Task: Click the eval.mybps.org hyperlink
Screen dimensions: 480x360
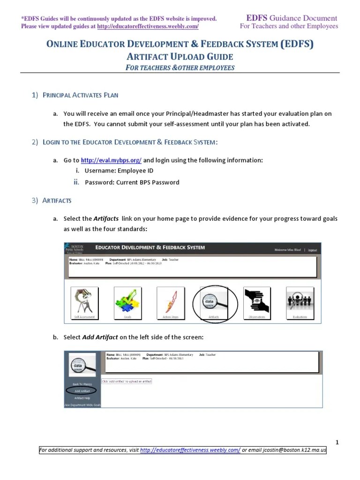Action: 111,160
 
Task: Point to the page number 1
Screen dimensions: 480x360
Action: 337,442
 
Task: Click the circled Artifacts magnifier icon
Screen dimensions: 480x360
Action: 214,302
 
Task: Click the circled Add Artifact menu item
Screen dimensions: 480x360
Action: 81,390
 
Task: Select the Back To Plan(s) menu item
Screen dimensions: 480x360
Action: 81,383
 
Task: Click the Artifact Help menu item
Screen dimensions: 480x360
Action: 82,397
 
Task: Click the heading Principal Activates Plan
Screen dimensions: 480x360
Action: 80,95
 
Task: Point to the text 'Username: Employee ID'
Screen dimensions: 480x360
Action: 119,171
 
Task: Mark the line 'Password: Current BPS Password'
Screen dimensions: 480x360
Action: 132,182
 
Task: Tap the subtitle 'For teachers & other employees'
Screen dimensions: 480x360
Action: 180,67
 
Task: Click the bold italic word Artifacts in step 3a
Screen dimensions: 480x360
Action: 106,219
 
